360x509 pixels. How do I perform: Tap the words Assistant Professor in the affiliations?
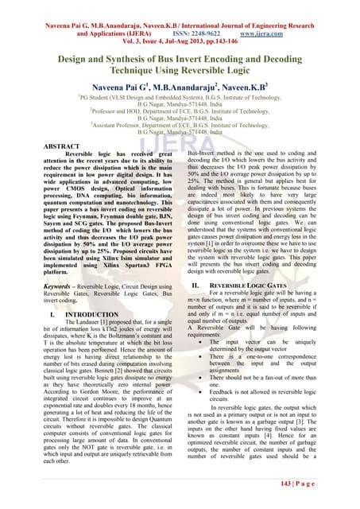coord(122,126)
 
